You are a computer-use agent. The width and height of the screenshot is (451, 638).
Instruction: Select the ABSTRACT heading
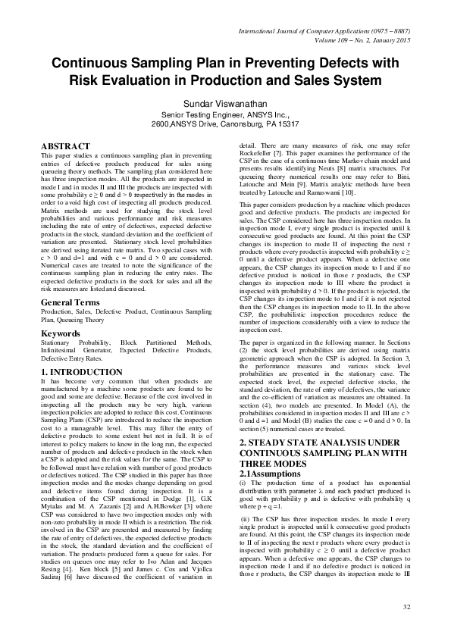(65, 144)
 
